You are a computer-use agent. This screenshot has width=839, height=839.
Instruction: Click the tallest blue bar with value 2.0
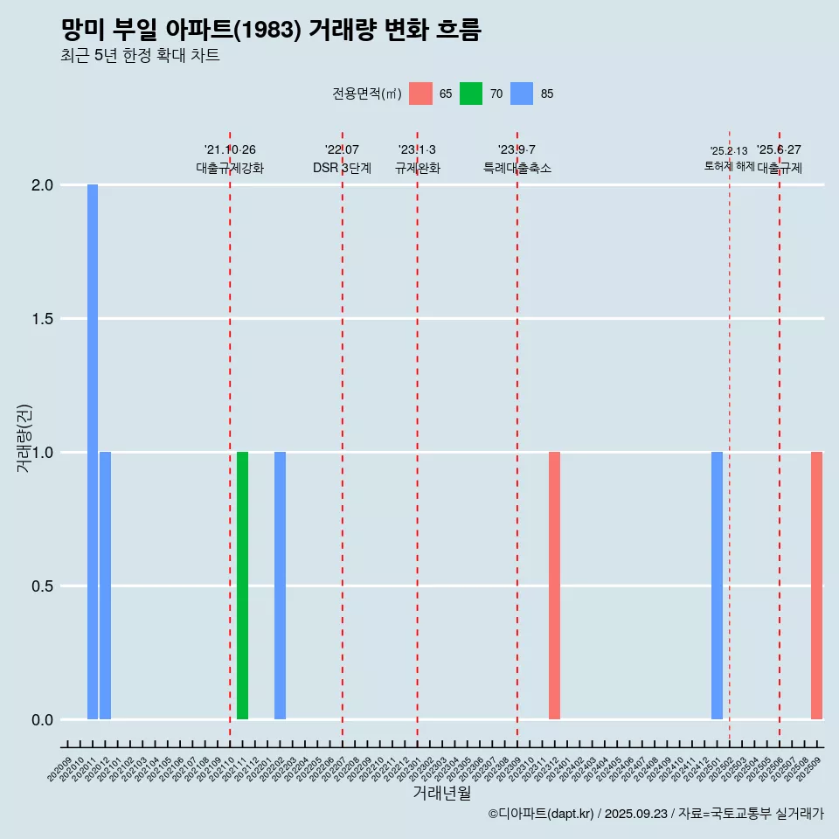pyautogui.click(x=93, y=451)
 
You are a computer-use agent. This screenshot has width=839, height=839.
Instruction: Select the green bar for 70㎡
pyautogui.click(x=242, y=585)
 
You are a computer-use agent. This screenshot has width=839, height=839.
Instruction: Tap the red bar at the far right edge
pyautogui.click(x=816, y=585)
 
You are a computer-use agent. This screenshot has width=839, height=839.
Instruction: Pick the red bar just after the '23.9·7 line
pyautogui.click(x=554, y=585)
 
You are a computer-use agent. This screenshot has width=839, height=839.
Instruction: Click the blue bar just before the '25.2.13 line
pyautogui.click(x=717, y=585)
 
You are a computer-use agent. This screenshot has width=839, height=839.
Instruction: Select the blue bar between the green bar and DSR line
pyautogui.click(x=280, y=585)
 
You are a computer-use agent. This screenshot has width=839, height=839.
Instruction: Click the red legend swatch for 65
pyautogui.click(x=420, y=94)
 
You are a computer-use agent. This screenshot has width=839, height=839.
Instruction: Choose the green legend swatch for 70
pyautogui.click(x=471, y=94)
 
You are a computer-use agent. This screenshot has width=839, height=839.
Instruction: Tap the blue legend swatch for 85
pyautogui.click(x=521, y=94)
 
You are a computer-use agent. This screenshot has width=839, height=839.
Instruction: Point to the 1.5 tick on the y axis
pyautogui.click(x=42, y=319)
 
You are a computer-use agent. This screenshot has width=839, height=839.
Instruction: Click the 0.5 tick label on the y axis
pyautogui.click(x=42, y=586)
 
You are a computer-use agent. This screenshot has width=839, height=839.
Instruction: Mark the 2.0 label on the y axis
pyautogui.click(x=42, y=185)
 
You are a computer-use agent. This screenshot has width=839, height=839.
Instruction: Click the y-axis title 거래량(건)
pyautogui.click(x=24, y=439)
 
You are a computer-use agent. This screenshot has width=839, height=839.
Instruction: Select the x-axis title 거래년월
pyautogui.click(x=441, y=794)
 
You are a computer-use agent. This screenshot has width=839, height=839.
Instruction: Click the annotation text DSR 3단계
pyautogui.click(x=343, y=168)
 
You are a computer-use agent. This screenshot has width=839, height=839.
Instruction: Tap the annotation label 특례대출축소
pyautogui.click(x=517, y=168)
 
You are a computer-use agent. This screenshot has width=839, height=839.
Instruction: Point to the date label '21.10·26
pyautogui.click(x=230, y=150)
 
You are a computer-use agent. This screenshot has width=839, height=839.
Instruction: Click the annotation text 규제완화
pyautogui.click(x=418, y=168)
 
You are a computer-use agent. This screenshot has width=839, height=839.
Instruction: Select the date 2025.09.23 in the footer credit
pyautogui.click(x=635, y=814)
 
